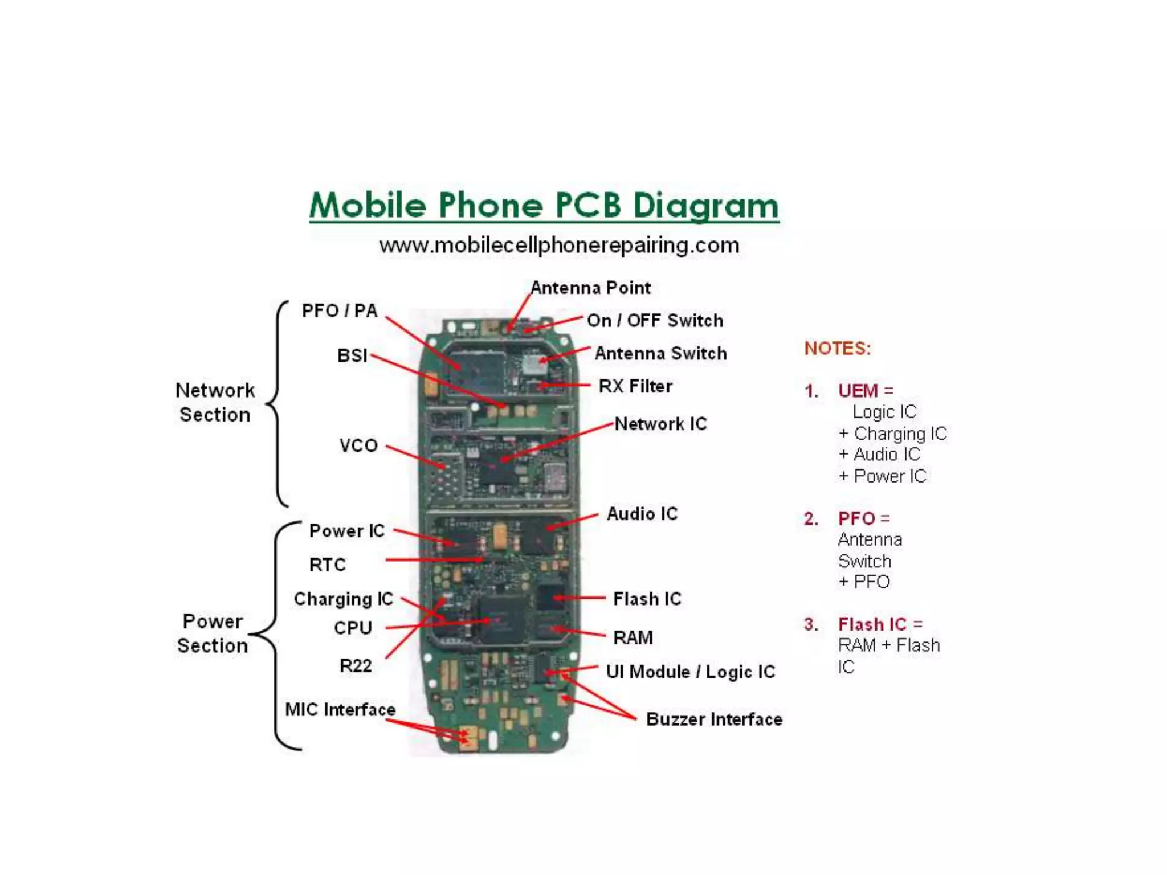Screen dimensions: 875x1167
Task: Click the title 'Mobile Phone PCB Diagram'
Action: [x=544, y=205]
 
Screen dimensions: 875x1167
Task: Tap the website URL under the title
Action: [x=559, y=246]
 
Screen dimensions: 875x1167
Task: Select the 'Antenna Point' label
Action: [x=590, y=288]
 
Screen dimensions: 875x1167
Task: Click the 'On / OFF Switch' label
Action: [x=655, y=321]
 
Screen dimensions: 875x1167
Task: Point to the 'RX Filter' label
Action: [x=635, y=386]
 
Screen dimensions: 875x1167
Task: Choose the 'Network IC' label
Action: [x=660, y=424]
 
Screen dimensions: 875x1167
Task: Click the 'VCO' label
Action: [x=358, y=445]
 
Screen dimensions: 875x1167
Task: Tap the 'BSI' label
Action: [x=352, y=355]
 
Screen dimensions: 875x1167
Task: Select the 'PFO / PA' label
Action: [x=340, y=311]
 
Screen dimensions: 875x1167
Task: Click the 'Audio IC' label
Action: [x=642, y=514]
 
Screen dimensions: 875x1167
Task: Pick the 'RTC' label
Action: [x=328, y=565]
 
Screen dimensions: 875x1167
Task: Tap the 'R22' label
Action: [x=356, y=665]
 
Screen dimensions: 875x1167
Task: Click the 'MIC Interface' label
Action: [x=340, y=710]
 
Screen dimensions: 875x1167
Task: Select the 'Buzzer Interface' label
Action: [x=714, y=719]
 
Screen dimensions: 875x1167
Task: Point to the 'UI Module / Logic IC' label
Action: [x=690, y=672]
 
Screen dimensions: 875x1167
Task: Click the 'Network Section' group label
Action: [x=215, y=402]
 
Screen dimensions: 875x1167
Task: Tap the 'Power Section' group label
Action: [x=213, y=633]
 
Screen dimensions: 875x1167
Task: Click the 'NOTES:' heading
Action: [x=838, y=348]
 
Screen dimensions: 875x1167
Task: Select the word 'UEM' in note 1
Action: [x=858, y=391]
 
